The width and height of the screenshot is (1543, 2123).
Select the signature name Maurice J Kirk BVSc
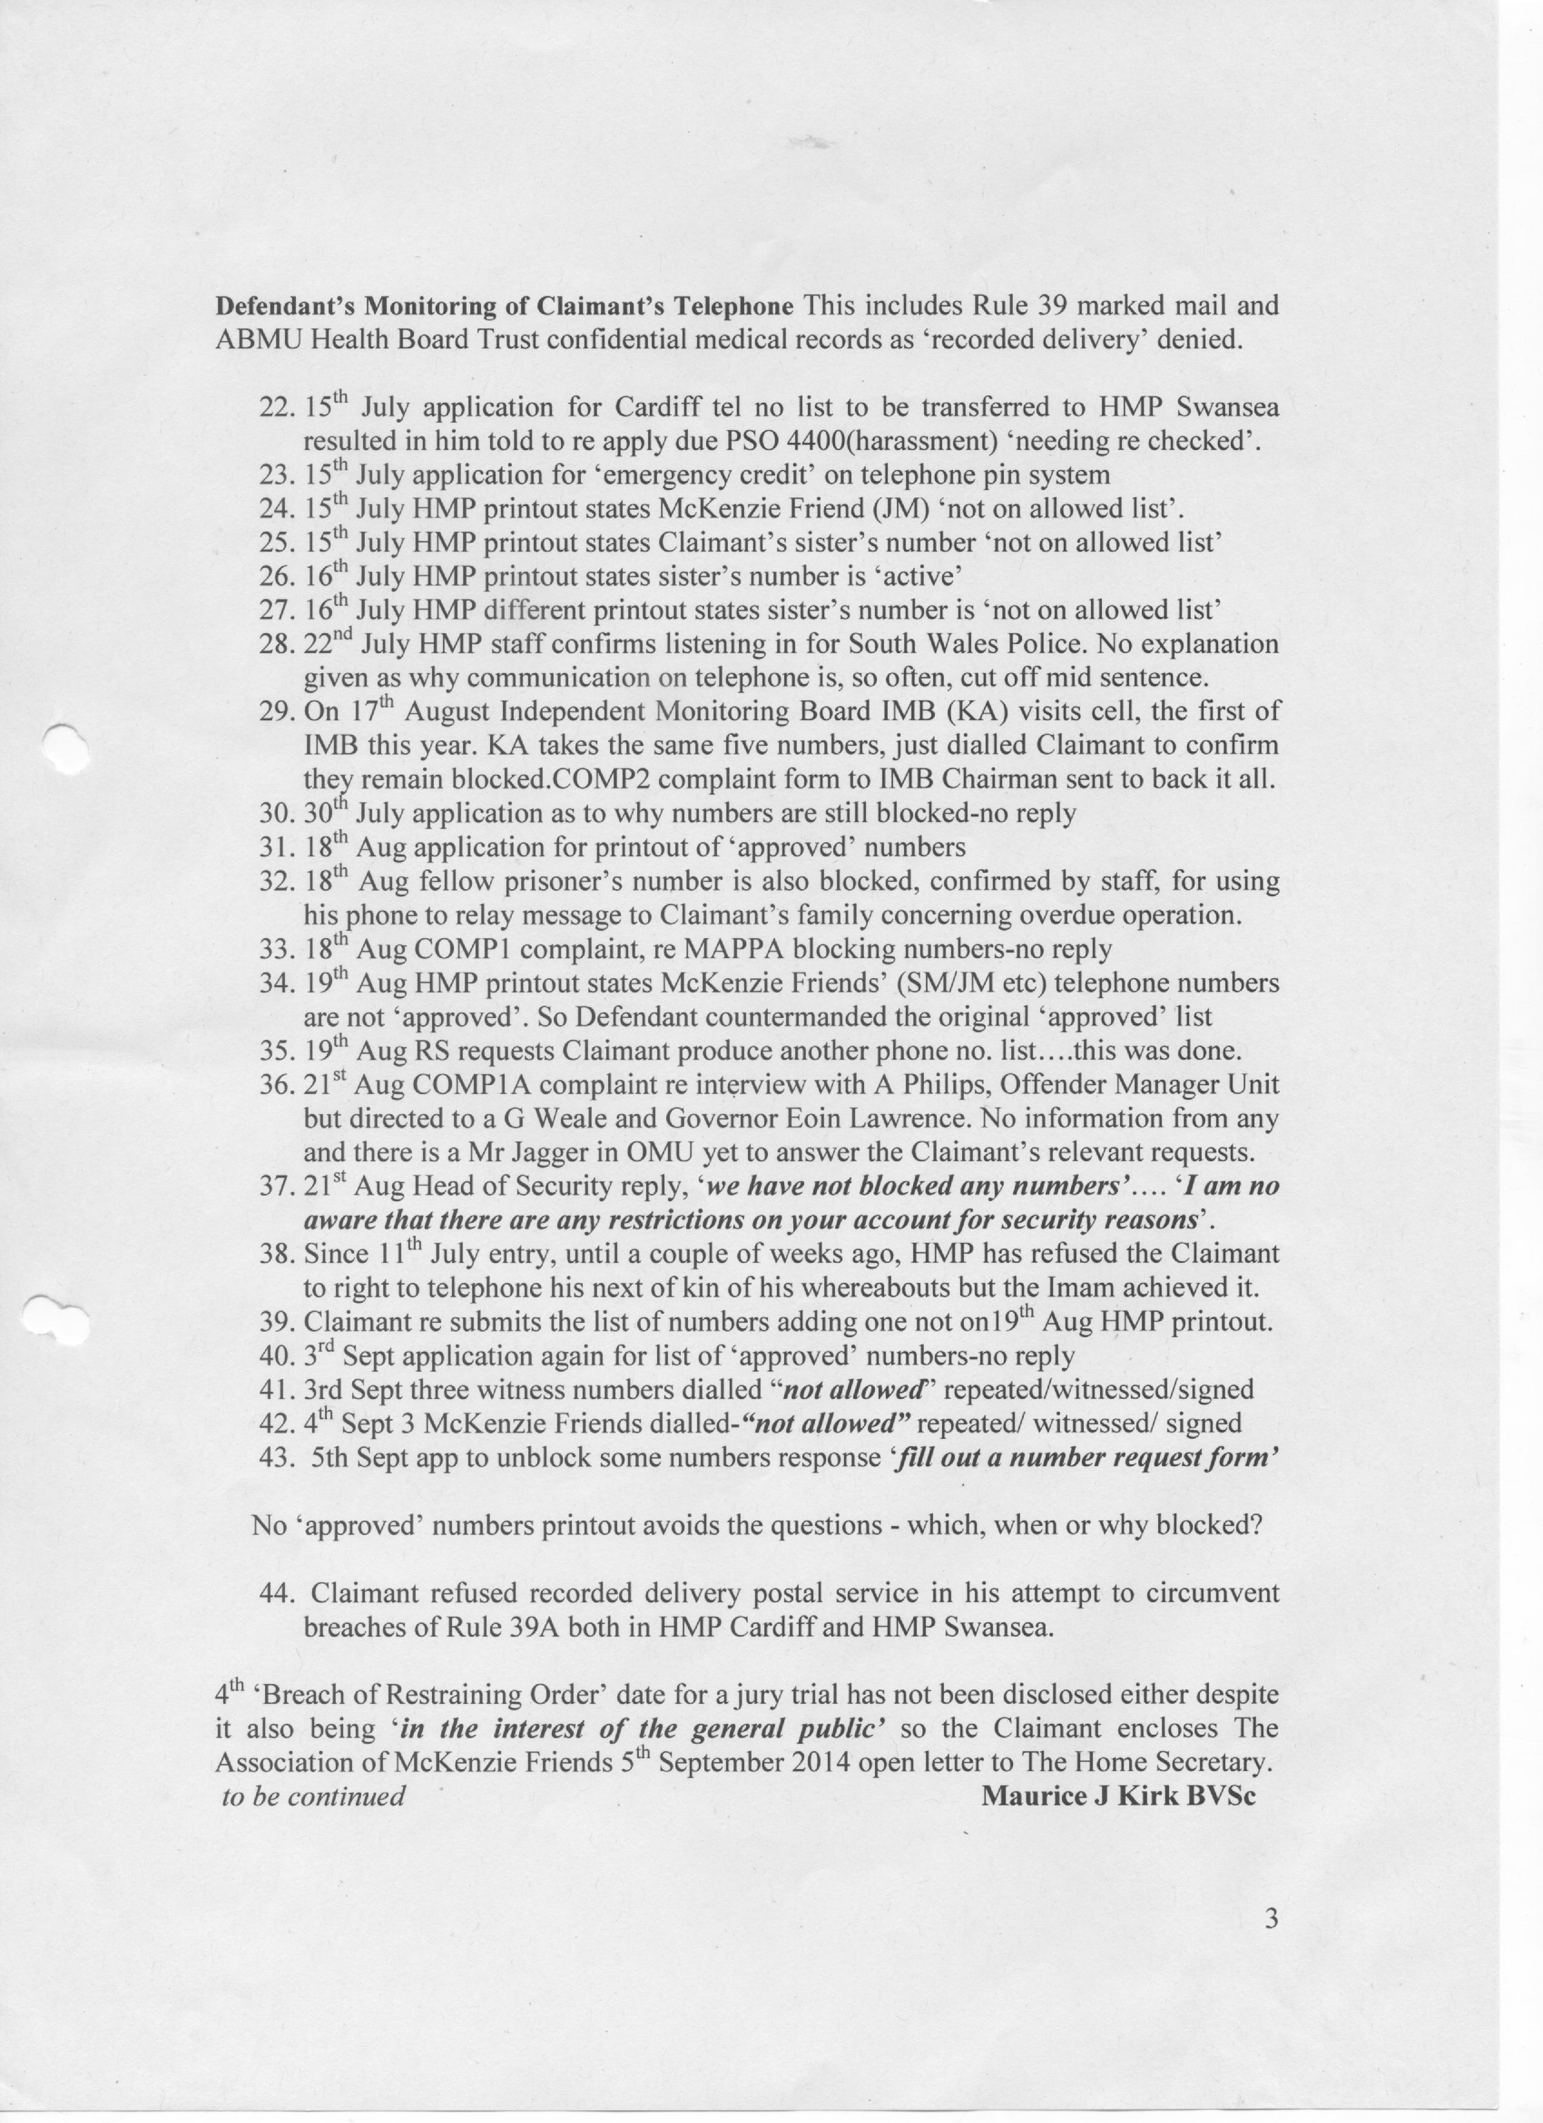click(1118, 1796)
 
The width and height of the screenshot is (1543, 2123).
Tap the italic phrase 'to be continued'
click(313, 1796)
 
